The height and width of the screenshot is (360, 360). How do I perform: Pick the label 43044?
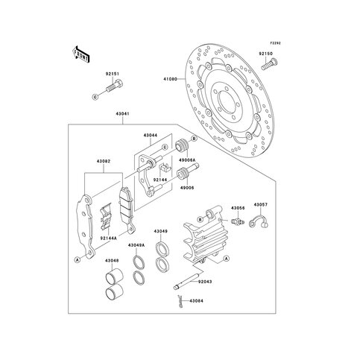[150, 136]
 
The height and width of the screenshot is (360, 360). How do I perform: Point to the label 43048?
[112, 261]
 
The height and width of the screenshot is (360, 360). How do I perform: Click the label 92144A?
[108, 236]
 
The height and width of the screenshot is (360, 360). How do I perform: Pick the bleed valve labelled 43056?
[237, 220]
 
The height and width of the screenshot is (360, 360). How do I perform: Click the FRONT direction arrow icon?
[79, 54]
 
